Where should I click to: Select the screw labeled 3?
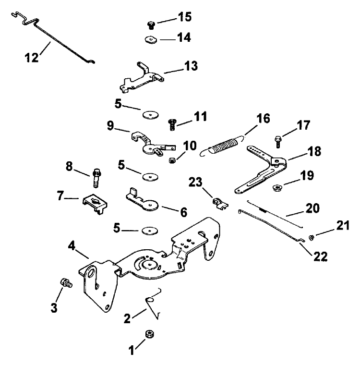pyautogui.click(x=64, y=283)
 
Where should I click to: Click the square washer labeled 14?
pyautogui.click(x=150, y=38)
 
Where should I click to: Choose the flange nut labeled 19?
pyautogui.click(x=278, y=187)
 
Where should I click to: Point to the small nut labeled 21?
pyautogui.click(x=311, y=237)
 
